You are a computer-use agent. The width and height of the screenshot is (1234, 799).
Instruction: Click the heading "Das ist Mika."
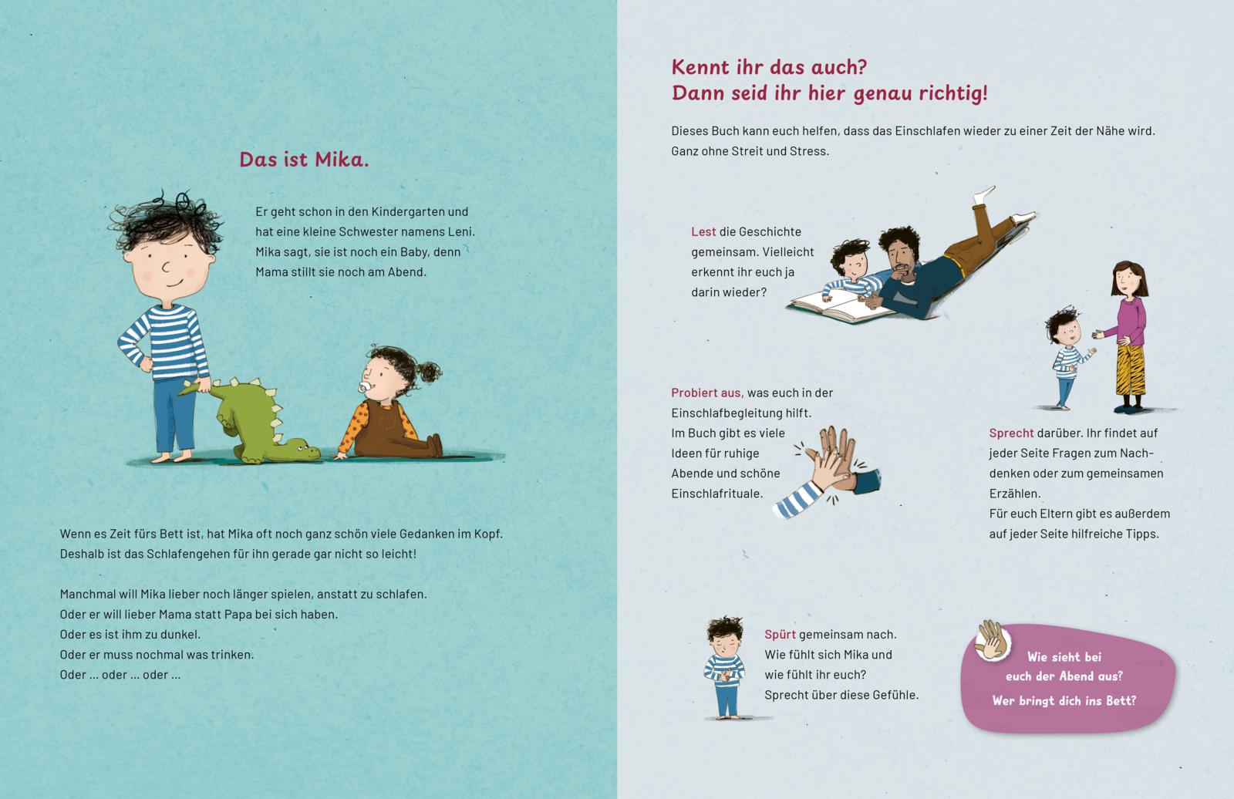coord(304,160)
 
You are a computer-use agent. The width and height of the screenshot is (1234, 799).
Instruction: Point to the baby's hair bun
coord(430,372)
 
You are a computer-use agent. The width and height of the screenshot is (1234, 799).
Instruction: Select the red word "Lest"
coord(703,232)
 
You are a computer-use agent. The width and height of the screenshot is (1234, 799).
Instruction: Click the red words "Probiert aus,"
coord(707,393)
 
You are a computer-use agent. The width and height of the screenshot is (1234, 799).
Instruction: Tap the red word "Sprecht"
coord(1011,433)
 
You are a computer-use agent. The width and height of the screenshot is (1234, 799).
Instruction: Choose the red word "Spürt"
coord(780,635)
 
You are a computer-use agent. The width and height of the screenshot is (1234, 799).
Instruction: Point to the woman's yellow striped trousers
coord(1130,369)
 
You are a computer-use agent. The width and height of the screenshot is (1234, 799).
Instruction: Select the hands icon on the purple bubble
coord(993,641)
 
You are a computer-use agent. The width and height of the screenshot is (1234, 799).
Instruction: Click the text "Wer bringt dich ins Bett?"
coord(1064,701)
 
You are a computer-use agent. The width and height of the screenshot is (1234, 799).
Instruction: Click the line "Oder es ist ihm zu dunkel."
coord(130,635)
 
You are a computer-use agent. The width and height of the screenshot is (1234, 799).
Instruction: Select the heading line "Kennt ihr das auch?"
coord(769,67)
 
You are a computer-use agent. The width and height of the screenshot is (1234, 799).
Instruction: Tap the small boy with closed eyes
coord(725,668)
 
